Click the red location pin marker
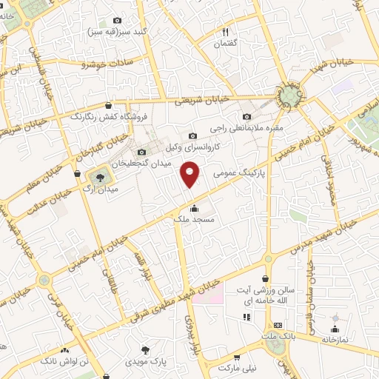[x=189, y=175]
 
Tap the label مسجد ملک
[x=195, y=220]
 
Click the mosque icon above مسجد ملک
[x=194, y=207]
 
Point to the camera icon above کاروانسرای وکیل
[x=192, y=135]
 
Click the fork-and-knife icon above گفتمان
[x=226, y=31]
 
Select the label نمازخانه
[x=333, y=338]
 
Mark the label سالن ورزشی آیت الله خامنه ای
[x=275, y=299]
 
